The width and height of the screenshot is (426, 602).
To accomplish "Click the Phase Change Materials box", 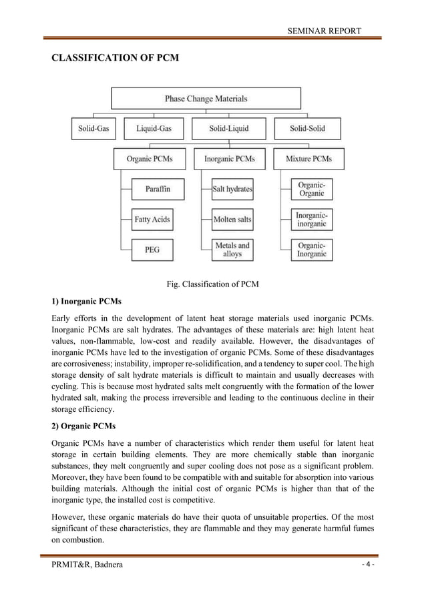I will pos(206,99).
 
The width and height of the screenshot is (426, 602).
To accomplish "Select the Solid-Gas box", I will pos(91,129).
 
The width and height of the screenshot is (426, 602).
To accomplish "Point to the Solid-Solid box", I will pos(308,129).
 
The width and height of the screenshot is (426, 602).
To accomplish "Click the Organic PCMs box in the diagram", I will pos(150,159).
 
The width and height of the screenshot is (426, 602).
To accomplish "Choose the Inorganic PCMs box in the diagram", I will pos(229,159).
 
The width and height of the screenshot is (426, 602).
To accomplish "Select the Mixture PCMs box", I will pos(308,159).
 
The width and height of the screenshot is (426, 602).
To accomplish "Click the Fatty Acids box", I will pos(152,220).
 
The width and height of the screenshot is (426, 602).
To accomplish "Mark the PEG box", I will pos(152,250).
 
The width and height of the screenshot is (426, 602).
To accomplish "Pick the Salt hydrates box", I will pos(232,190).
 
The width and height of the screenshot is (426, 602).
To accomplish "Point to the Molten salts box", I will pos(232,220).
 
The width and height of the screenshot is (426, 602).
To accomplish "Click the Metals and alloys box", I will pos(232,250).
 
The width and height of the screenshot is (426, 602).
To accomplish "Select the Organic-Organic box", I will pos(311,190).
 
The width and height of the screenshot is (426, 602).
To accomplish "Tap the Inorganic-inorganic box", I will pos(311,220).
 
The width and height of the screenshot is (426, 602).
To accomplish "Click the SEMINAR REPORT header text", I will pos(324,31).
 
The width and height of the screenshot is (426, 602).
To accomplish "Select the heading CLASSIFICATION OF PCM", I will pos(116,58).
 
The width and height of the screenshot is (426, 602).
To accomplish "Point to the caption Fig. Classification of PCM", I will pos(212,284).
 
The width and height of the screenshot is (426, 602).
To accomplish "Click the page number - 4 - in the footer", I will pos(368,565).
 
